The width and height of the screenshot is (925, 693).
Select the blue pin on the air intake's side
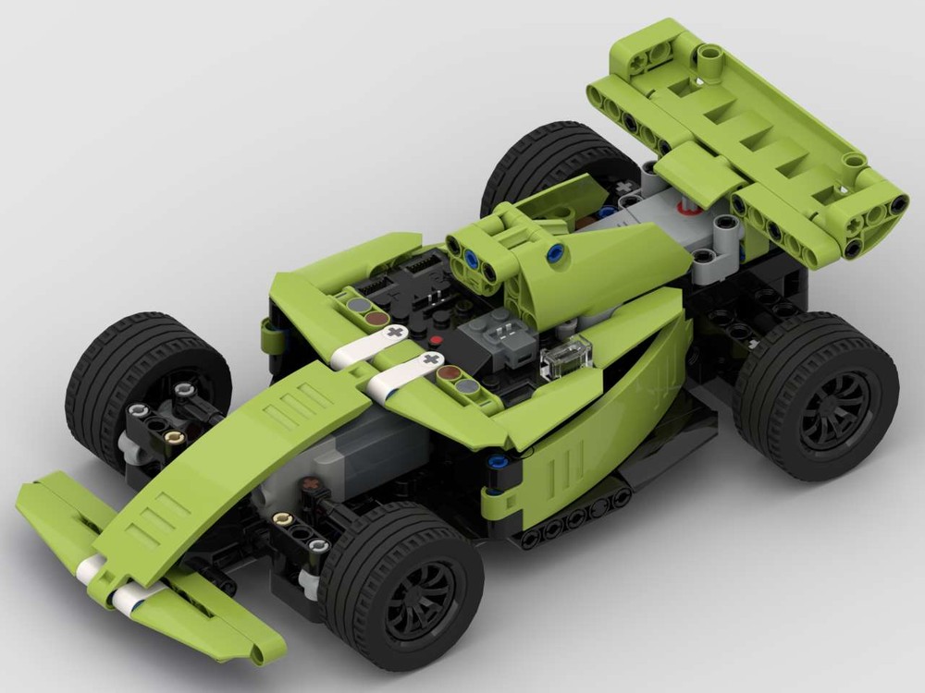pos(555,253)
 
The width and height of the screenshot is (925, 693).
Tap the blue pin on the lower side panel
pos(499,463)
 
